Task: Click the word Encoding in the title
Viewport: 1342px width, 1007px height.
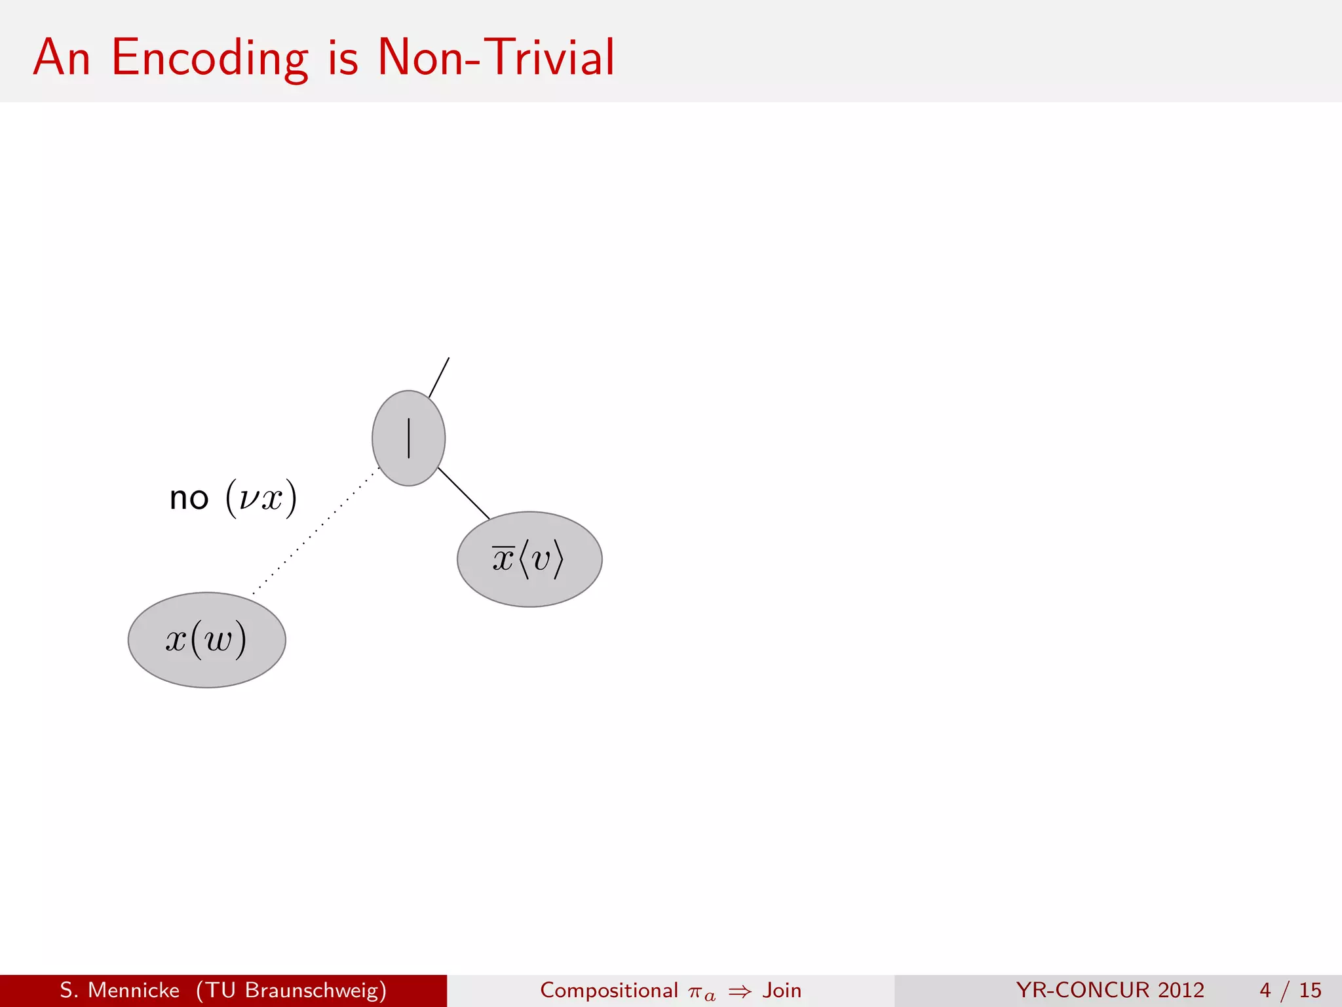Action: point(210,58)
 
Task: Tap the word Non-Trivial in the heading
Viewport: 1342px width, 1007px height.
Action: point(496,58)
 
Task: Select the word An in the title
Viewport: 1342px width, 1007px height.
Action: point(62,58)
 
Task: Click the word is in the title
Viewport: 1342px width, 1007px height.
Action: point(343,58)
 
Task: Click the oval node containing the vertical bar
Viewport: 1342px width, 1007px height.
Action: point(408,438)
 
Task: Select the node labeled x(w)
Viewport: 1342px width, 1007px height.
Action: point(206,640)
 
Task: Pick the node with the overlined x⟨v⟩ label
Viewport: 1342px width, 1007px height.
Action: point(529,559)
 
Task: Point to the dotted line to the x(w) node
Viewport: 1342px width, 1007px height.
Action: point(315,531)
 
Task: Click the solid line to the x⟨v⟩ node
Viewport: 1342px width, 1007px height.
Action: point(463,493)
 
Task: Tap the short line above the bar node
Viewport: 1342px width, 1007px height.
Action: point(439,377)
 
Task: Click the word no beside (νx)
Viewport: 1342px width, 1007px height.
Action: point(189,499)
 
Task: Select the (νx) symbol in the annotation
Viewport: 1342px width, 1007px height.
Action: point(261,498)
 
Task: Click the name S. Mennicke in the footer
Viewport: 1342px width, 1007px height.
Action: point(119,990)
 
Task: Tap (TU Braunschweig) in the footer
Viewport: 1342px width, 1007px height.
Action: point(291,990)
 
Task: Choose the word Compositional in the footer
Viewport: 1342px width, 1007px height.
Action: point(609,990)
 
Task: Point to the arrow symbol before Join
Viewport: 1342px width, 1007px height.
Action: point(740,991)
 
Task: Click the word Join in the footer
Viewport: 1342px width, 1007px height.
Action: point(782,990)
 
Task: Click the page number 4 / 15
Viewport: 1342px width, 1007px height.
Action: point(1290,990)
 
